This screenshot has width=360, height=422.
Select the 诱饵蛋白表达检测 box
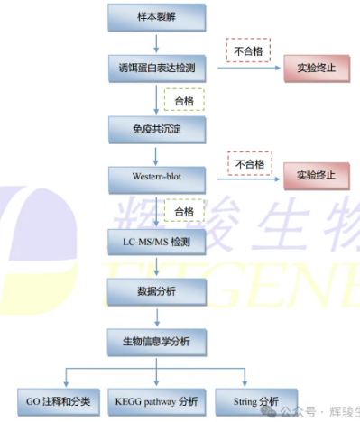158,68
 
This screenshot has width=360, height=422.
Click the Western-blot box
158,179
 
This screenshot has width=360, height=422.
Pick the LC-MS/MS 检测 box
158,242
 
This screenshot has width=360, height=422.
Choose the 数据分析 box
158,292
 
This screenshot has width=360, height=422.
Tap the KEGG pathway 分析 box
157,400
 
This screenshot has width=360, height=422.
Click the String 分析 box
256,400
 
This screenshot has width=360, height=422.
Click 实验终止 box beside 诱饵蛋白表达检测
315,69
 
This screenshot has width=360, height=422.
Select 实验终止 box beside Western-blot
315,175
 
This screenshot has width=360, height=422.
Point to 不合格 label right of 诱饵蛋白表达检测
248,50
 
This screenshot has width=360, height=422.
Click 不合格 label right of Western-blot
249,164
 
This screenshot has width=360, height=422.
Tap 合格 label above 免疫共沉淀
183,100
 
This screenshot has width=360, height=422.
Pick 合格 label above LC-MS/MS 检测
183,211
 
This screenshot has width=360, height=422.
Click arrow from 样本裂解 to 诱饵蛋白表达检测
158,41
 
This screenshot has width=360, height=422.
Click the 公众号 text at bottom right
298,410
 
